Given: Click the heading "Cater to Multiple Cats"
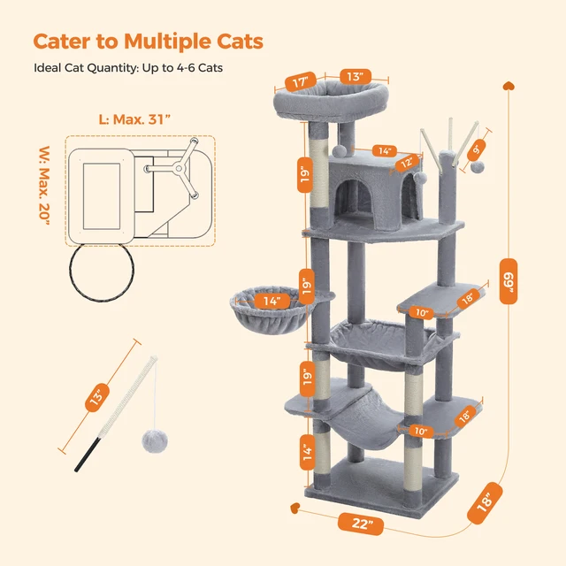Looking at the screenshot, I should pyautogui.click(x=148, y=42).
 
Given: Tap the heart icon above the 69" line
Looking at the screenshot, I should pyautogui.click(x=509, y=87).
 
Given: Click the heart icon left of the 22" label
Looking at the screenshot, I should pyautogui.click(x=295, y=509).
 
